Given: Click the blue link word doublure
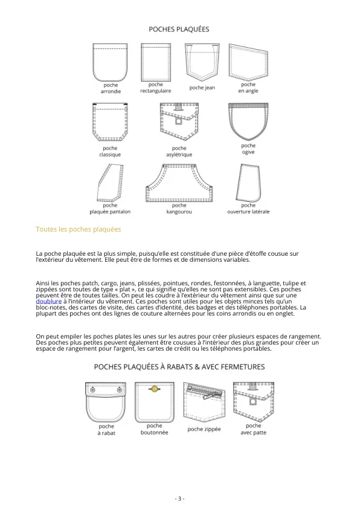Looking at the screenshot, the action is (49, 301).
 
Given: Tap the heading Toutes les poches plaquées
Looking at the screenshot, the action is (79, 229).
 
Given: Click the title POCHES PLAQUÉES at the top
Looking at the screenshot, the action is (179, 29).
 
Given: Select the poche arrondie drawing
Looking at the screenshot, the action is (110, 62).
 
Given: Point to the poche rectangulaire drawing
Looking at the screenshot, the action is (156, 62).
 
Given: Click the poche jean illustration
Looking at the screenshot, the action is (202, 62).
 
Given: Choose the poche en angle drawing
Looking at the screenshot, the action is (248, 62).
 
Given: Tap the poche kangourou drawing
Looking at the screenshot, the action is (179, 183).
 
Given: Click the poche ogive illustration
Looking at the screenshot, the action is (248, 122).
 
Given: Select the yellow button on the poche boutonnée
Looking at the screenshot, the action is (155, 389).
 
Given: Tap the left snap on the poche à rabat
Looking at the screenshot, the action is (93, 389).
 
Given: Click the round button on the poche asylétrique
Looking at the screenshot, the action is (178, 122).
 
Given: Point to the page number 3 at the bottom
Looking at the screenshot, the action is (179, 499).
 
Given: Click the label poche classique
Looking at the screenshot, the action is (110, 151).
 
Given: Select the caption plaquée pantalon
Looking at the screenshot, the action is (110, 212).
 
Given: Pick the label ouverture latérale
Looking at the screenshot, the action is (248, 212).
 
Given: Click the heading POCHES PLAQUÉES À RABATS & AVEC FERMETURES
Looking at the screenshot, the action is (179, 367).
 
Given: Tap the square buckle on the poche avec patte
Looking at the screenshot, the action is (253, 402).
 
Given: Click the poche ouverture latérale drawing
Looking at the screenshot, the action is (248, 183).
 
